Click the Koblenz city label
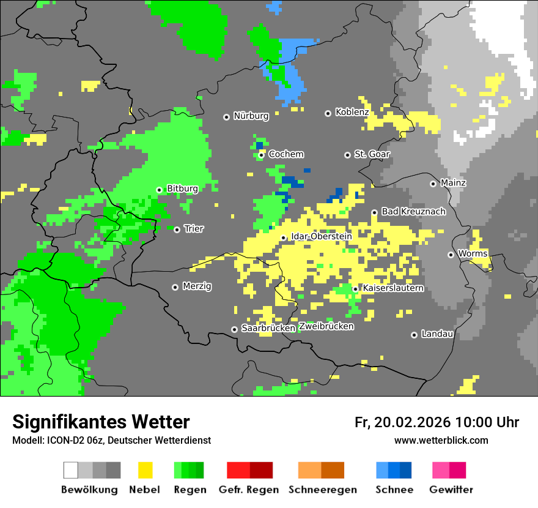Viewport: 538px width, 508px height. click(x=352, y=113)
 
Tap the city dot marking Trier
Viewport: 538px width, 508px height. click(x=177, y=230)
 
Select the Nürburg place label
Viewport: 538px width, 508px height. click(x=251, y=116)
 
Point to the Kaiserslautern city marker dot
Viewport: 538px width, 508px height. click(x=355, y=289)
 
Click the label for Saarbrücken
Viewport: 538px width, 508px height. click(x=268, y=329)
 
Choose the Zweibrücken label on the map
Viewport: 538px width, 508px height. click(x=326, y=326)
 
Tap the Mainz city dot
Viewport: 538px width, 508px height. click(x=433, y=184)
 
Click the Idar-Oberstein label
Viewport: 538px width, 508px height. click(x=321, y=236)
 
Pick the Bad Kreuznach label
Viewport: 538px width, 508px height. click(x=413, y=212)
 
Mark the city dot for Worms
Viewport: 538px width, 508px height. click(x=451, y=255)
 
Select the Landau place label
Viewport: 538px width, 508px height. click(x=437, y=334)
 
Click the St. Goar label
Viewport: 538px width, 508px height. click(x=372, y=154)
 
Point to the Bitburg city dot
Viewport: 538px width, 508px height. click(x=159, y=190)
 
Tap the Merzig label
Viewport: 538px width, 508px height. click(x=197, y=286)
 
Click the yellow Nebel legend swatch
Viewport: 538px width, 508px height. click(x=145, y=470)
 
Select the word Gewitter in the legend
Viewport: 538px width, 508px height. click(x=451, y=490)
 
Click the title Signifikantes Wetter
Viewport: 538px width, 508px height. click(x=101, y=422)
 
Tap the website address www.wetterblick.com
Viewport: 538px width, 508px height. click(x=441, y=440)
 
